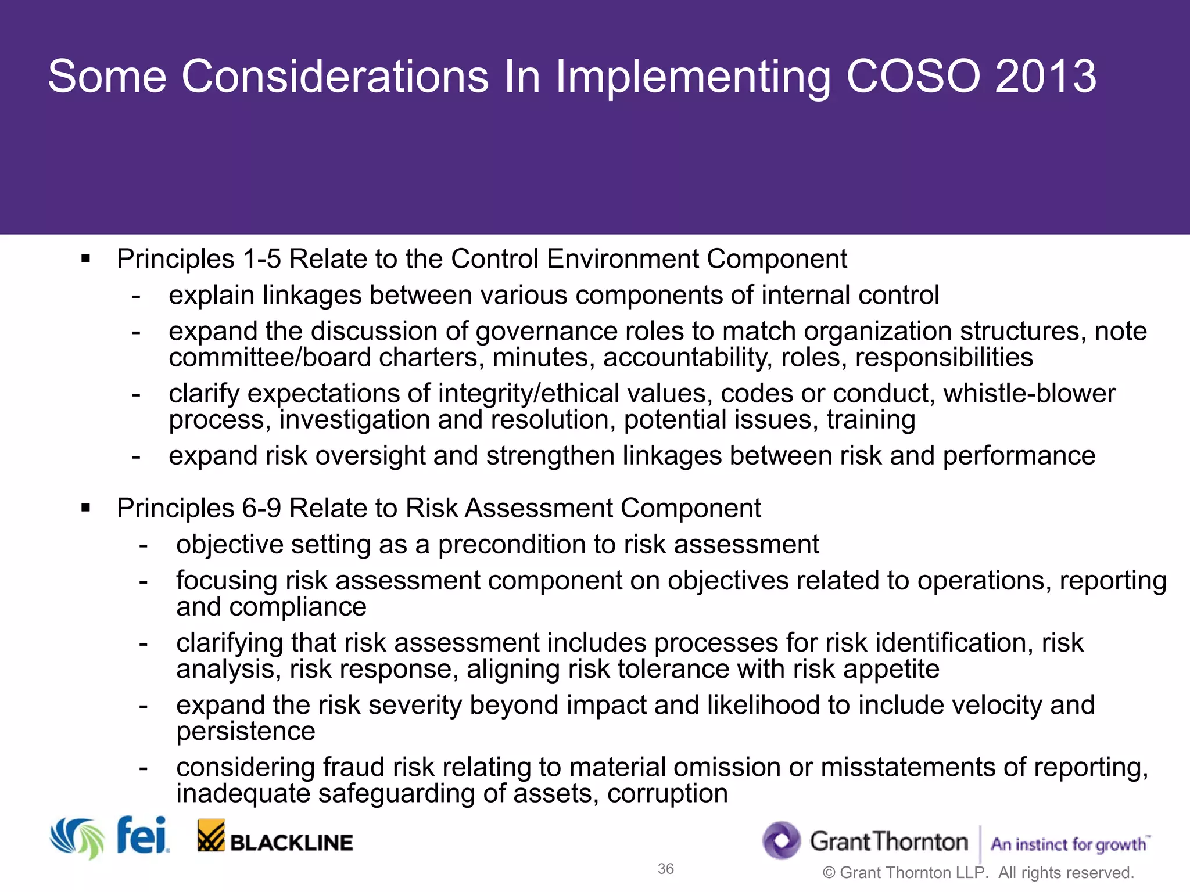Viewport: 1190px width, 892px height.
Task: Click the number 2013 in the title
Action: point(1045,76)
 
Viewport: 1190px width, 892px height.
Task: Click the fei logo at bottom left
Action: point(142,836)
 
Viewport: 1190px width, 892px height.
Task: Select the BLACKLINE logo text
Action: point(291,843)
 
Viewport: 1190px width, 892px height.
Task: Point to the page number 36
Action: point(665,869)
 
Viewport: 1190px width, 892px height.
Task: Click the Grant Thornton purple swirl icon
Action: point(782,840)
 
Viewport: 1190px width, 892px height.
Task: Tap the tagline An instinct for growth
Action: point(1069,844)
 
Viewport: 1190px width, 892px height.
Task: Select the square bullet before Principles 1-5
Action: point(86,259)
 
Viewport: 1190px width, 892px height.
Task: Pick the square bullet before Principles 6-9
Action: point(86,509)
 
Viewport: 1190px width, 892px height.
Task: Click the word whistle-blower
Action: point(1029,394)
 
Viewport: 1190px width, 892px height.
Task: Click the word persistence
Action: point(245,732)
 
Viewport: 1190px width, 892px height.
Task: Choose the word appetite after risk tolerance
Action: point(891,669)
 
